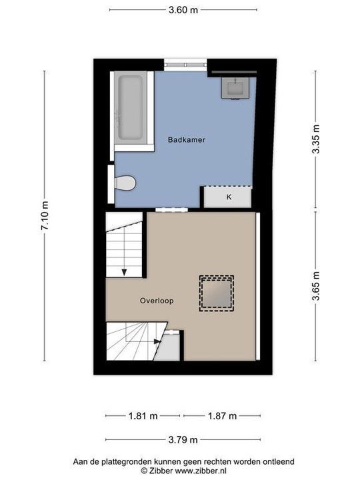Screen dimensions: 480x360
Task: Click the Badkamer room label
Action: pyautogui.click(x=187, y=140)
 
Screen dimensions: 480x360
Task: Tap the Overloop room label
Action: pyautogui.click(x=157, y=301)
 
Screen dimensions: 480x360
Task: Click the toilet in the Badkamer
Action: pyautogui.click(x=124, y=182)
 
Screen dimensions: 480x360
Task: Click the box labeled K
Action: pyautogui.click(x=228, y=197)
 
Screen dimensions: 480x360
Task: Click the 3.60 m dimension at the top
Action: pyautogui.click(x=183, y=10)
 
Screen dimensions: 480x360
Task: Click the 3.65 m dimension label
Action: pyautogui.click(x=316, y=285)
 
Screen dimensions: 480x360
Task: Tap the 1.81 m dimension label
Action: pyautogui.click(x=143, y=416)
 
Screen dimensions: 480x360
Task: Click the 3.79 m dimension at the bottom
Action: pyautogui.click(x=183, y=439)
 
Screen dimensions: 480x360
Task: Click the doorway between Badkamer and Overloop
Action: pyautogui.click(x=169, y=209)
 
